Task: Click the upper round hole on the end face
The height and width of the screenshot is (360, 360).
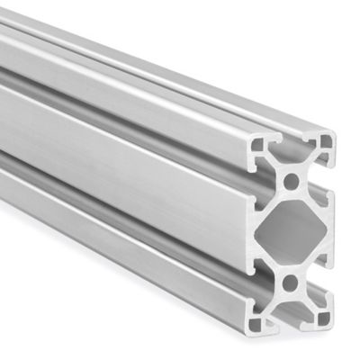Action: pyautogui.click(x=290, y=181)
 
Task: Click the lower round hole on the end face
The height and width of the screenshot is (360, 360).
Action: pyautogui.click(x=289, y=284)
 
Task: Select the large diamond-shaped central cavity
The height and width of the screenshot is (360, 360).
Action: pyautogui.click(x=290, y=233)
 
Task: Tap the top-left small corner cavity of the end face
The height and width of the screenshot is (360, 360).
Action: pyautogui.click(x=260, y=142)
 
